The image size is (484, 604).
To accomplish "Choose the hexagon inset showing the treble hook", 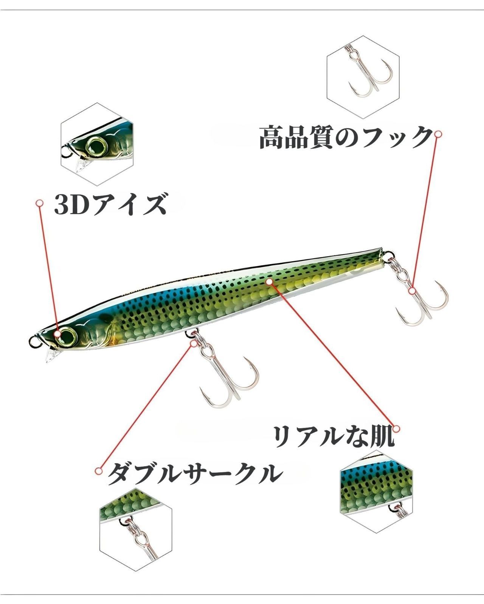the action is point(363,77).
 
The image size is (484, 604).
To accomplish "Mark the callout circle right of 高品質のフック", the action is point(438,134).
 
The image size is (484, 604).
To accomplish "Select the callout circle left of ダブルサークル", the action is point(98,471).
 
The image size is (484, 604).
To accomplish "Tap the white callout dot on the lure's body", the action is point(270,282).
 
